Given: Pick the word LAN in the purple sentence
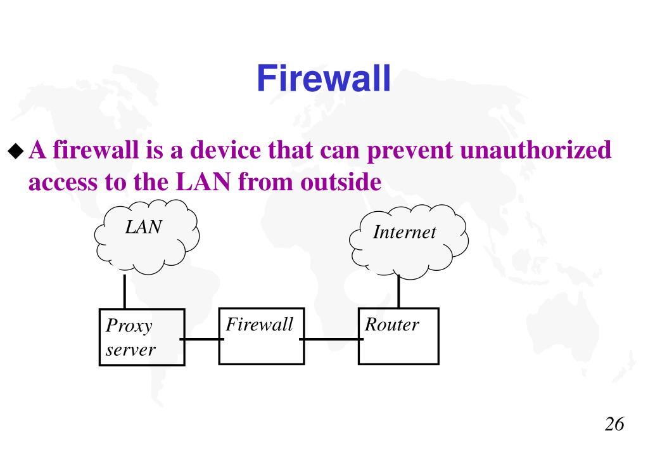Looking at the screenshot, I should (x=203, y=183).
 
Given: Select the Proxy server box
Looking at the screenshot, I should (x=142, y=337).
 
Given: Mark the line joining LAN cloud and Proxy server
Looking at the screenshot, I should (x=125, y=292).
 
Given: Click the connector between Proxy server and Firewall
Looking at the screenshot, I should (x=201, y=339).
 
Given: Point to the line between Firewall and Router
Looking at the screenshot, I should (x=331, y=339).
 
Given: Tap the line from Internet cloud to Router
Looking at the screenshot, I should (x=398, y=293).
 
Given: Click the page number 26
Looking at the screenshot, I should (x=614, y=424).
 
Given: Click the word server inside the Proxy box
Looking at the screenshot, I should (x=130, y=349).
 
